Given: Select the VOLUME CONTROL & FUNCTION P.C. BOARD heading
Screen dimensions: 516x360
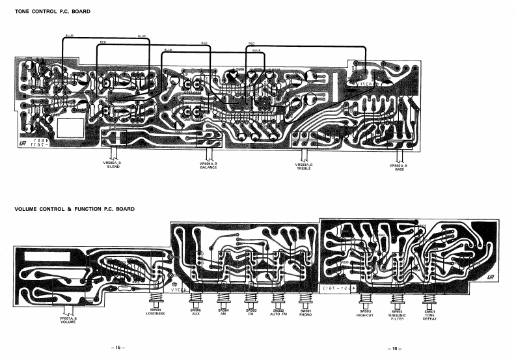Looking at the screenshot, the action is [x=74, y=209].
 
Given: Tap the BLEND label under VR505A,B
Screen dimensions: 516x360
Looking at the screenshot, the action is [x=114, y=167].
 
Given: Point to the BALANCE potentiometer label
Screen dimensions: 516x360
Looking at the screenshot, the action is [x=208, y=167].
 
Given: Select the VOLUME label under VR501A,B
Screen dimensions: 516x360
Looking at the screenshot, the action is [x=68, y=321].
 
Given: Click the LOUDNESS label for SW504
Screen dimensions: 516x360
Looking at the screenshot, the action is [x=156, y=313].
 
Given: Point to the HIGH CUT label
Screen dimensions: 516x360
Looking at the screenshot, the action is [x=364, y=314].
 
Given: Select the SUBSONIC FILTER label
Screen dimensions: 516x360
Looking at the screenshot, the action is [x=398, y=316].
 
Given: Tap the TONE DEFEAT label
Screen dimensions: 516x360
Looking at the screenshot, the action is [x=429, y=316].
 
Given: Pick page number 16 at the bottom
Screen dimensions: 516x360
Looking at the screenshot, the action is [x=393, y=348].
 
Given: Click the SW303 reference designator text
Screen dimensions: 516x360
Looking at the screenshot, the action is [x=251, y=310].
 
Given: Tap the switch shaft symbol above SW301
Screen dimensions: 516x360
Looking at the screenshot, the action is [x=306, y=300].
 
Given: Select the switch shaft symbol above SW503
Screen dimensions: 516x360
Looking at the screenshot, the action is [x=364, y=301].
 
